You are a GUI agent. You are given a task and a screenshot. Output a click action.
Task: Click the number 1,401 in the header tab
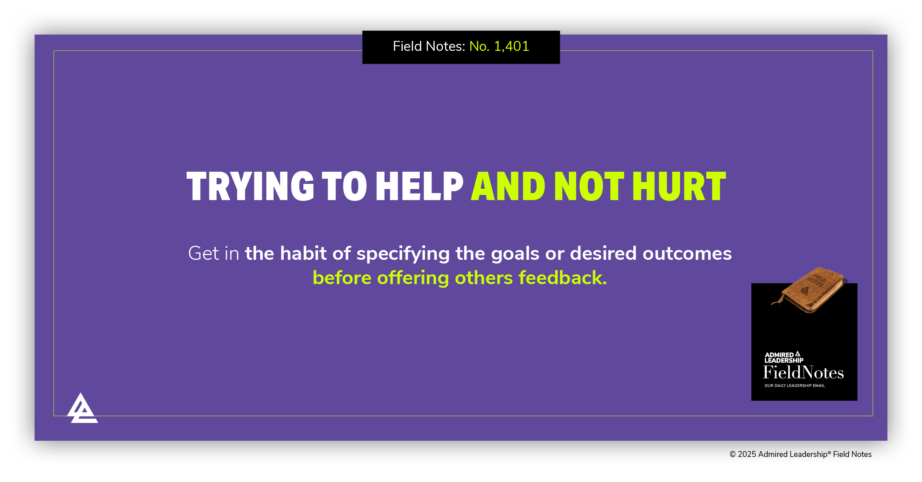(511, 46)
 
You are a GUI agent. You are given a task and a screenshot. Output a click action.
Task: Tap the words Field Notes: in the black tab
(429, 46)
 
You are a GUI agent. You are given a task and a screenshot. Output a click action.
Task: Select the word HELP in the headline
(419, 186)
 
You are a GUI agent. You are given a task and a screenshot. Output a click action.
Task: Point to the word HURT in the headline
(679, 186)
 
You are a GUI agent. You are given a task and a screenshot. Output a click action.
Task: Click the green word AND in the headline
(508, 186)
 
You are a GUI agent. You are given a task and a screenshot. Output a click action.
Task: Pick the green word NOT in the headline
(589, 186)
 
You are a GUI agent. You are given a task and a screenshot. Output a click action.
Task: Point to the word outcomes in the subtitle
(687, 254)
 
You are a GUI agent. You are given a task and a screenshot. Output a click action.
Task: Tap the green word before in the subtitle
(342, 278)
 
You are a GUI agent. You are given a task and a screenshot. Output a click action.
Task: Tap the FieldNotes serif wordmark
(803, 373)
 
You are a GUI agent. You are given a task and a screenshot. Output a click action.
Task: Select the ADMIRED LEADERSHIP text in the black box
(783, 357)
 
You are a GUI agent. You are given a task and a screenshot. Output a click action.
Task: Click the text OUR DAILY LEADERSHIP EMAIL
(794, 386)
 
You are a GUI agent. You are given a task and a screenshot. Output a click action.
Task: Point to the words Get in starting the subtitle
(214, 254)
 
